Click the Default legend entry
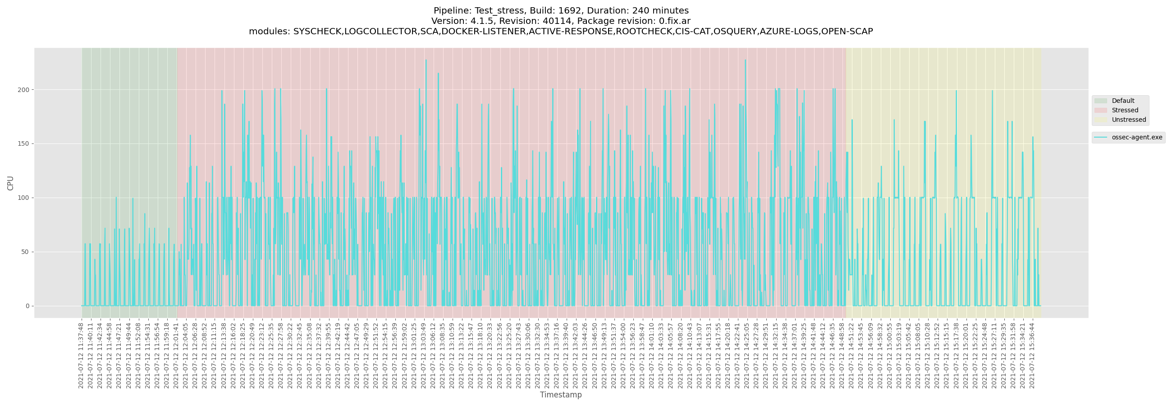pyautogui.click(x=1122, y=101)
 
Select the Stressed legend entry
pyautogui.click(x=1124, y=110)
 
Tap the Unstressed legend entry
pyautogui.click(x=1128, y=120)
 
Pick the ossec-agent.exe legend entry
pyautogui.click(x=1136, y=137)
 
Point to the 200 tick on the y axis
pyautogui.click(x=23, y=90)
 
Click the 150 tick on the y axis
pyautogui.click(x=23, y=144)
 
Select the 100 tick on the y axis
pyautogui.click(x=23, y=198)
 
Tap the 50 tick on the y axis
pyautogui.click(x=25, y=252)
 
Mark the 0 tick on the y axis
pyautogui.click(x=27, y=306)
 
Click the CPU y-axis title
pyautogui.click(x=10, y=183)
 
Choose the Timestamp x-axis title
pyautogui.click(x=560, y=395)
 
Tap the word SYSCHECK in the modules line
pyautogui.click(x=317, y=32)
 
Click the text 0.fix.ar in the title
pyautogui.click(x=674, y=21)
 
